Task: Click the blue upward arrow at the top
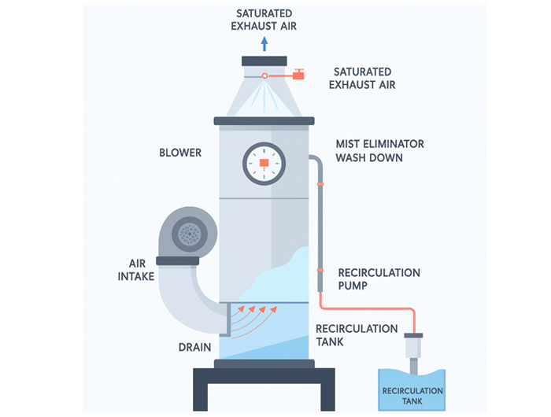[264, 43]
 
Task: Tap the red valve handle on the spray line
[299, 76]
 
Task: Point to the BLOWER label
[180, 153]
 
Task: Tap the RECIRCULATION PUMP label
[379, 279]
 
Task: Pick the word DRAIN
[194, 346]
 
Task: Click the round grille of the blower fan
[189, 231]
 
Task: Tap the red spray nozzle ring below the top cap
[264, 76]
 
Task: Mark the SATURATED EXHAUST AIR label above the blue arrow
[264, 19]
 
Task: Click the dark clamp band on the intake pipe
[177, 260]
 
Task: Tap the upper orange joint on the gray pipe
[320, 183]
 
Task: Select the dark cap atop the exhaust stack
[264, 61]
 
